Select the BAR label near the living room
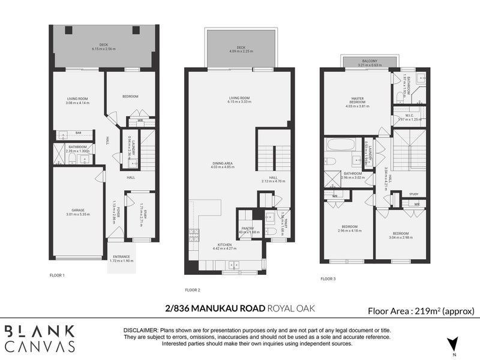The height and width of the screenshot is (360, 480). pos(78,133)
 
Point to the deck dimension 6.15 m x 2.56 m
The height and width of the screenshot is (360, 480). pos(103,48)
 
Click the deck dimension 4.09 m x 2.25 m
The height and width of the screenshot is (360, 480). pos(241,50)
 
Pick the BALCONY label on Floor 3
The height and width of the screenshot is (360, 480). pos(370,61)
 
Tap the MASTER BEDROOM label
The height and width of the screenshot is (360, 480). pos(358,101)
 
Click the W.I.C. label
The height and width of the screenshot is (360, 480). pos(410,115)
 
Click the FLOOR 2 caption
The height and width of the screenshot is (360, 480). pos(192,290)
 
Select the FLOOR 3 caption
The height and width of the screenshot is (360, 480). pos(328,278)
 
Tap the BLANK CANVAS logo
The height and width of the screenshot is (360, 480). pos(40,338)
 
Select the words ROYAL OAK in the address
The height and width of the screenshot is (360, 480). pos(290,309)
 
